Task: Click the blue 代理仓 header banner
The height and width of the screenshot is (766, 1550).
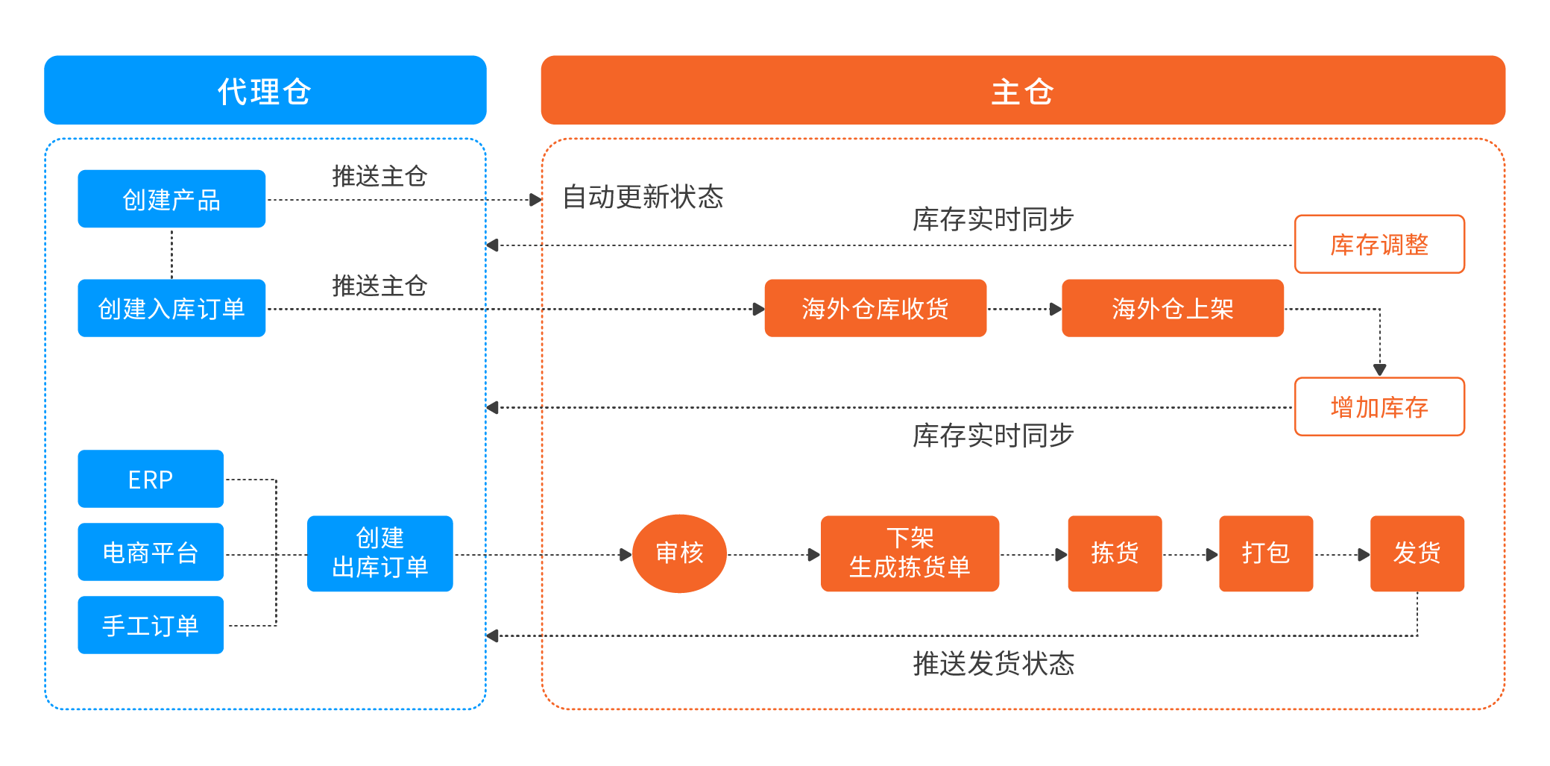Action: tap(265, 90)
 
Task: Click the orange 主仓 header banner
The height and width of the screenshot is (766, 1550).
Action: tap(1022, 90)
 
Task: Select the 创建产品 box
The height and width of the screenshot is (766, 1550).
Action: tap(171, 199)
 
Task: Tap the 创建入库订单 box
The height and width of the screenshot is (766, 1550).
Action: tap(171, 308)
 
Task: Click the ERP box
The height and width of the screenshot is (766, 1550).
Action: tap(150, 479)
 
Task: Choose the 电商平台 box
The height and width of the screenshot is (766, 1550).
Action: tap(150, 552)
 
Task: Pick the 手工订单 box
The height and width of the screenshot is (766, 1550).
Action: tap(150, 625)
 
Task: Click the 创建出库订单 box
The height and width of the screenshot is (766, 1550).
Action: tap(379, 553)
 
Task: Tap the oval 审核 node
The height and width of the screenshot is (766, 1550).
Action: tap(679, 553)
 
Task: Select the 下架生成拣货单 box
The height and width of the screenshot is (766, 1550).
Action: tap(910, 553)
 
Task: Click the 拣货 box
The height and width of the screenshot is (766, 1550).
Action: tap(1115, 553)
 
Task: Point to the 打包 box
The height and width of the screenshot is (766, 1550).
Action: tap(1265, 553)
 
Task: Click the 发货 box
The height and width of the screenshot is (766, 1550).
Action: tap(1417, 553)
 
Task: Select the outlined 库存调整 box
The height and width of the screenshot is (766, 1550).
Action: tap(1379, 245)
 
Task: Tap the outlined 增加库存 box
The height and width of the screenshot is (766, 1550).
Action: tap(1379, 407)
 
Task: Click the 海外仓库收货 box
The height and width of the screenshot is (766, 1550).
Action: tap(875, 308)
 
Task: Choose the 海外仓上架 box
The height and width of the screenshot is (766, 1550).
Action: tap(1172, 308)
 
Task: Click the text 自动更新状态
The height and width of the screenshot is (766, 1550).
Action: tap(643, 197)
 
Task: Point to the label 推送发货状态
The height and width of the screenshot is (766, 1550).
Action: tap(993, 663)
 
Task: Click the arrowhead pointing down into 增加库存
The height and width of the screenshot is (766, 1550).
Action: tap(1379, 369)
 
